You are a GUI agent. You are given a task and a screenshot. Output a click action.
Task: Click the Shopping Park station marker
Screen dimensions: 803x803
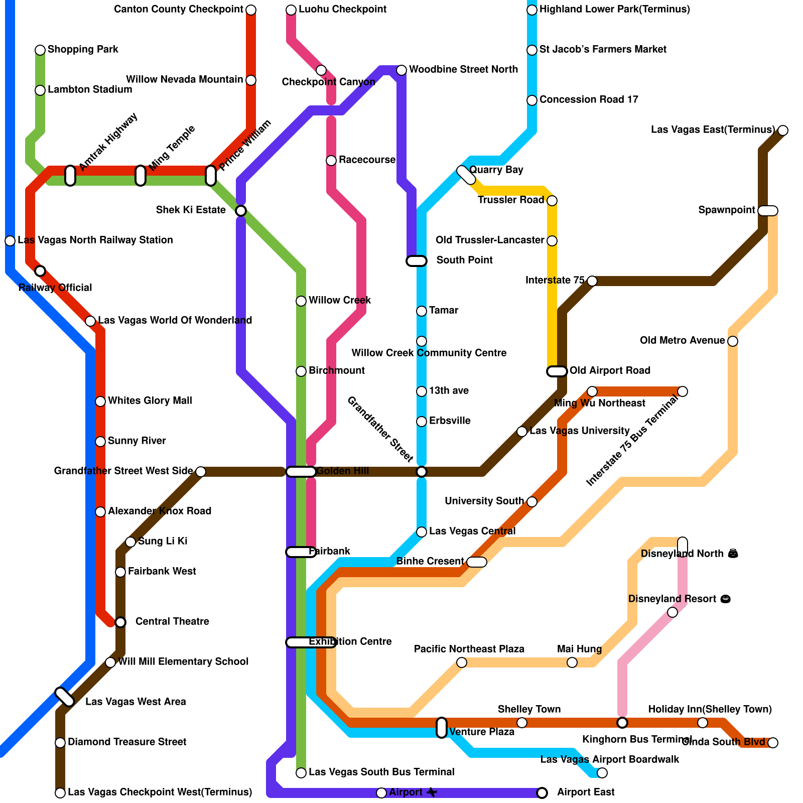pyautogui.click(x=40, y=50)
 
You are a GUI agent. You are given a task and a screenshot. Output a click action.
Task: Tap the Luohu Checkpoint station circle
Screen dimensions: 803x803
pyautogui.click(x=291, y=10)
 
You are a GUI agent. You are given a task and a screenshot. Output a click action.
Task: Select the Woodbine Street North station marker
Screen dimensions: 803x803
pyautogui.click(x=401, y=70)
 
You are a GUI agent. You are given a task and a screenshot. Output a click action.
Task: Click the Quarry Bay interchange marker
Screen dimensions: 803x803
pyautogui.click(x=466, y=175)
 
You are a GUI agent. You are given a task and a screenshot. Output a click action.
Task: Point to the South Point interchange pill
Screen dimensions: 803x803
pyautogui.click(x=417, y=260)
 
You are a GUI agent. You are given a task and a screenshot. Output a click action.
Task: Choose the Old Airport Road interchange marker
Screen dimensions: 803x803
pyautogui.click(x=557, y=371)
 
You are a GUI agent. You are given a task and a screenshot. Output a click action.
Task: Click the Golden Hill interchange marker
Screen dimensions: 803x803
pyautogui.click(x=301, y=471)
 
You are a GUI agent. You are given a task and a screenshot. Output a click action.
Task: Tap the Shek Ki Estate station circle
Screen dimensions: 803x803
pyautogui.click(x=241, y=210)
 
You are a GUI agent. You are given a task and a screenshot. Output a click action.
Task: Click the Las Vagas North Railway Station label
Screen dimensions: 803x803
pyautogui.click(x=95, y=240)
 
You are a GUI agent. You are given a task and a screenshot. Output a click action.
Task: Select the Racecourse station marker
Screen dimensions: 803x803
pyautogui.click(x=331, y=160)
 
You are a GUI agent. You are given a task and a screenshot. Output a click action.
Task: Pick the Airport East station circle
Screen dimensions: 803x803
pyautogui.click(x=542, y=792)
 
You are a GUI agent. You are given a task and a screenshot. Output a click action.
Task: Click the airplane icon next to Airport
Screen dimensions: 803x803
pyautogui.click(x=432, y=792)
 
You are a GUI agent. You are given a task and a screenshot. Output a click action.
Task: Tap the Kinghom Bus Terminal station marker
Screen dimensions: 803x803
pyautogui.click(x=622, y=722)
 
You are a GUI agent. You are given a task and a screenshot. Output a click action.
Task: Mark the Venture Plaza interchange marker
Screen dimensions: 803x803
pyautogui.click(x=442, y=727)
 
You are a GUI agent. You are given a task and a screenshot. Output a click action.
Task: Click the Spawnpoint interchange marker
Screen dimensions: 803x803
pyautogui.click(x=768, y=210)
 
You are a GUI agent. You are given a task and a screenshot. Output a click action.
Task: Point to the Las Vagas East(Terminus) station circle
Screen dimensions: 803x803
pyautogui.click(x=783, y=130)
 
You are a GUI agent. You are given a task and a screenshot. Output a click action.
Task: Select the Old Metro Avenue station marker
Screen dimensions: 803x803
pyautogui.click(x=733, y=341)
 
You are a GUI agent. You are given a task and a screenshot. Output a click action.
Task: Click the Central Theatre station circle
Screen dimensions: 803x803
pyautogui.click(x=120, y=622)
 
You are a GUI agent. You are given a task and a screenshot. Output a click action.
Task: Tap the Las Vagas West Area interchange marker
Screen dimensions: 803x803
pyautogui.click(x=65, y=697)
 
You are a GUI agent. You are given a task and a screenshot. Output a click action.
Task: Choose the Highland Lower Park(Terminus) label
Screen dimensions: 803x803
pyautogui.click(x=615, y=10)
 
